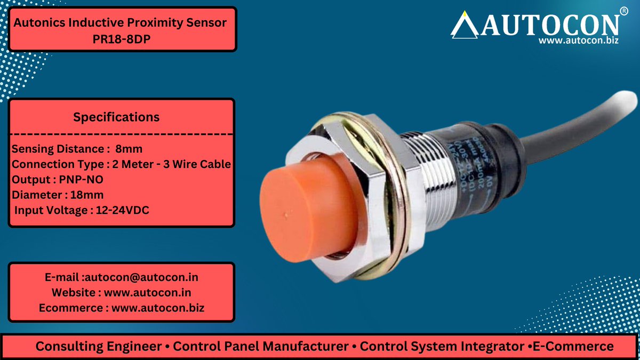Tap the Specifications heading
coord(116,117)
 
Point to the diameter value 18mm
coord(80,195)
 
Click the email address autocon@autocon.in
coord(141,278)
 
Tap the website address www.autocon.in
coord(148,293)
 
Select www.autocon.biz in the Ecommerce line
coord(158,308)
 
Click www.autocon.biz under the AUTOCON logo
coord(578,41)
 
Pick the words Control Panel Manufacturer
coord(260,347)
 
